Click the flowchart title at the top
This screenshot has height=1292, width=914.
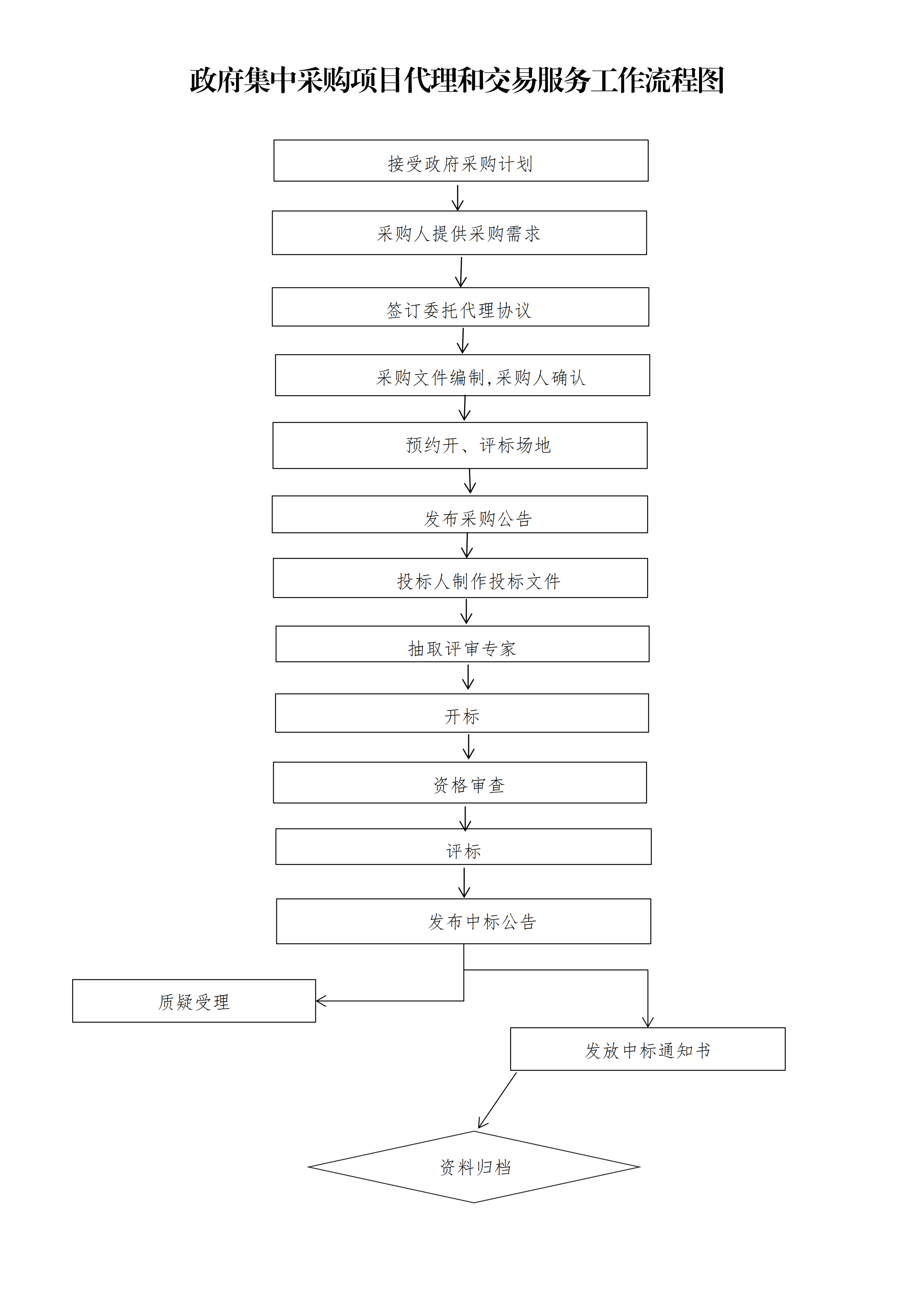456,80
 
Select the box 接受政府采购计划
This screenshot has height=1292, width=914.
461,160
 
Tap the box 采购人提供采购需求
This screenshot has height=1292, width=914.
459,233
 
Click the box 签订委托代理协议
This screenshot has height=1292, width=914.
460,307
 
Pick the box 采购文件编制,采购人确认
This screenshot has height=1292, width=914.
463,375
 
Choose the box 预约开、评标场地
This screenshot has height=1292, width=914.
460,445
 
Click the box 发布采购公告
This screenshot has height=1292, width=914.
460,514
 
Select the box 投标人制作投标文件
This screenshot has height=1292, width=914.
460,578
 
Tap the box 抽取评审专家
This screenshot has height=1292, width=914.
463,644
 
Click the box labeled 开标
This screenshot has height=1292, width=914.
462,713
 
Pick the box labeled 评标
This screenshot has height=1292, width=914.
463,846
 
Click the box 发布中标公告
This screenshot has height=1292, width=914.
464,921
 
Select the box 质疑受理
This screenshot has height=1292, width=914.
194,1000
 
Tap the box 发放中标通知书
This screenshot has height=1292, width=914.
648,1049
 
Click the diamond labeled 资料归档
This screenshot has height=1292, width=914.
474,1167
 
